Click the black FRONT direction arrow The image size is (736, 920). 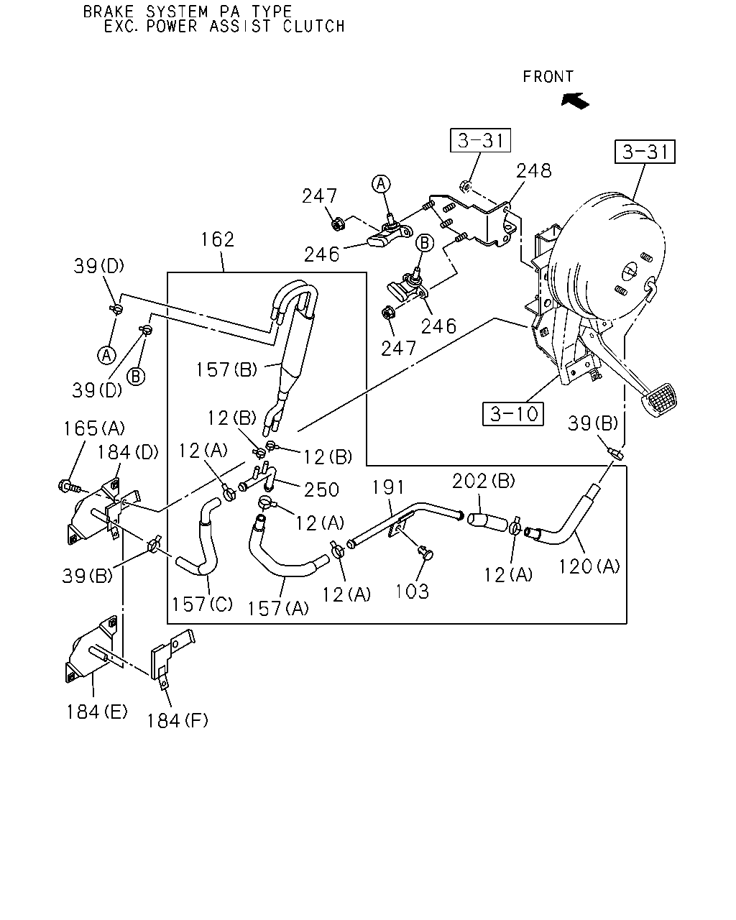[576, 101]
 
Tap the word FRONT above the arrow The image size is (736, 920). [548, 77]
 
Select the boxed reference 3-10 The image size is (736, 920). [512, 414]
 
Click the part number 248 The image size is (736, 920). [534, 171]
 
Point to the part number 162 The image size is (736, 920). [218, 240]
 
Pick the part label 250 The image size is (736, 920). [321, 490]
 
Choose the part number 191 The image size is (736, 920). [388, 487]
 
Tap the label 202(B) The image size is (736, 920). [484, 482]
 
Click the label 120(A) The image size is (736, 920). [589, 567]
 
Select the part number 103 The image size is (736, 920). [412, 592]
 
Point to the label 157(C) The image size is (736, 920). [202, 604]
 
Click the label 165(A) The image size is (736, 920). [94, 428]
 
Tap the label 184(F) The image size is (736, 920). [177, 721]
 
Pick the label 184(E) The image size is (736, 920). [97, 712]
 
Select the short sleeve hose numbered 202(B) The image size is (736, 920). [488, 522]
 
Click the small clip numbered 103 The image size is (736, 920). [426, 553]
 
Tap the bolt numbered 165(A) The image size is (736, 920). [70, 487]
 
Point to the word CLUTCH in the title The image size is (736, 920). [313, 27]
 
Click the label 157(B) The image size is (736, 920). [226, 369]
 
